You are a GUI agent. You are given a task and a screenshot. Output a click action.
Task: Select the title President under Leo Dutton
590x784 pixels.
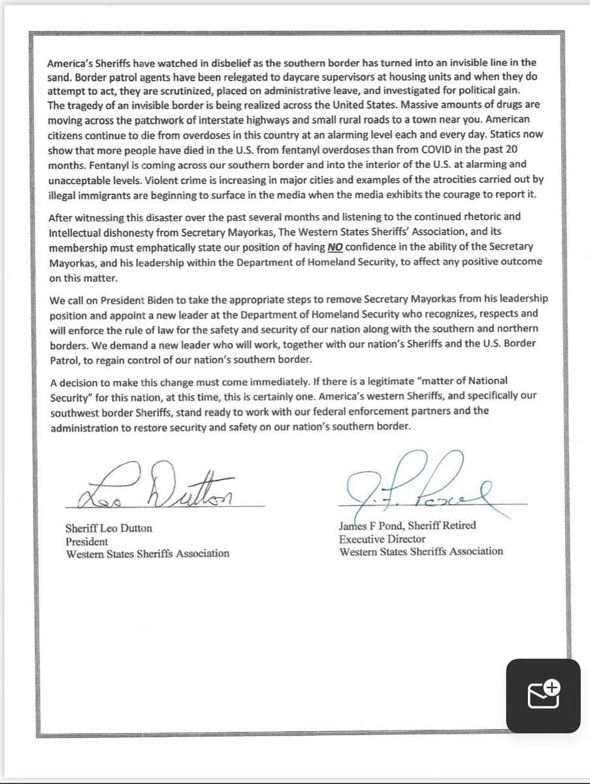(87, 542)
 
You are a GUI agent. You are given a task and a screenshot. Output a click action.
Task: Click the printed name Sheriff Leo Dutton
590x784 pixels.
(108, 529)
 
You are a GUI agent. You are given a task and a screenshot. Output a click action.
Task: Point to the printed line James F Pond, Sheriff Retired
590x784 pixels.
(407, 525)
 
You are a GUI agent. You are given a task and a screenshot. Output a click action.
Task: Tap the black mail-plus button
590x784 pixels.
(543, 694)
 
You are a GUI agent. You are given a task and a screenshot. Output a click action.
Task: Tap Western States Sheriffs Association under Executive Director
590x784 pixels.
(421, 551)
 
